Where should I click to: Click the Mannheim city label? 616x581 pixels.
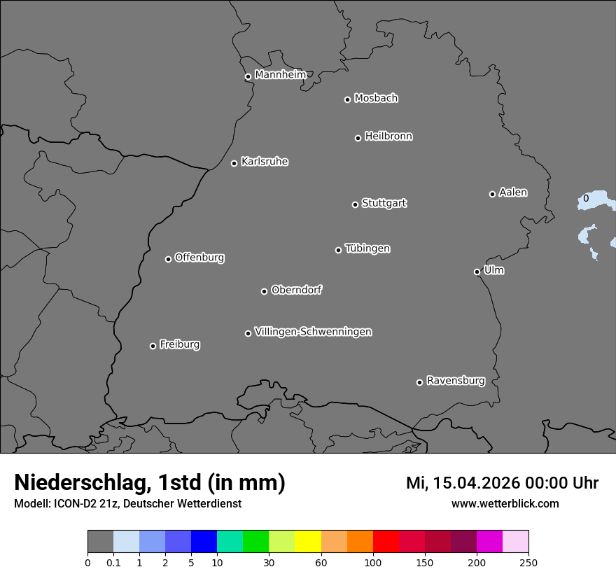pos(280,74)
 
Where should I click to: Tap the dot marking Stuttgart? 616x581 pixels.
pos(355,204)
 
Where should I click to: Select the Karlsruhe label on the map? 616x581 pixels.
pos(265,162)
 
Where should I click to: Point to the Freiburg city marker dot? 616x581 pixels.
pos(153,346)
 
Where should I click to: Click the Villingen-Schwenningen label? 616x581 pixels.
pos(313,332)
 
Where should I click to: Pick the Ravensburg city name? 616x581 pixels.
pos(455,381)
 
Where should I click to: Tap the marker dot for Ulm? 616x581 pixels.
pos(477,272)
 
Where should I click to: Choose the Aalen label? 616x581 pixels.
pos(513,192)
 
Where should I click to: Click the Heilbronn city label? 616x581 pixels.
pos(388,136)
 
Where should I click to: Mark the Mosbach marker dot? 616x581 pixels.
pos(347,99)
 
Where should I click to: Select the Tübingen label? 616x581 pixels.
pos(367,248)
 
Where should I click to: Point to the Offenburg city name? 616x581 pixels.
pos(199,258)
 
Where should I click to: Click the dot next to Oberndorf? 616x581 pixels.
pos(264,291)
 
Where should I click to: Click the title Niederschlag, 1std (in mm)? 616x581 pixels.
pos(150,482)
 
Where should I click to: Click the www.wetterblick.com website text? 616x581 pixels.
pos(505,503)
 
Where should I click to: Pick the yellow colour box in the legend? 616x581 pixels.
pos(308,542)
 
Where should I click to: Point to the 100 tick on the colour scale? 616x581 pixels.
pos(373,562)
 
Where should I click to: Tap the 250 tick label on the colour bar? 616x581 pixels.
pos(528,562)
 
